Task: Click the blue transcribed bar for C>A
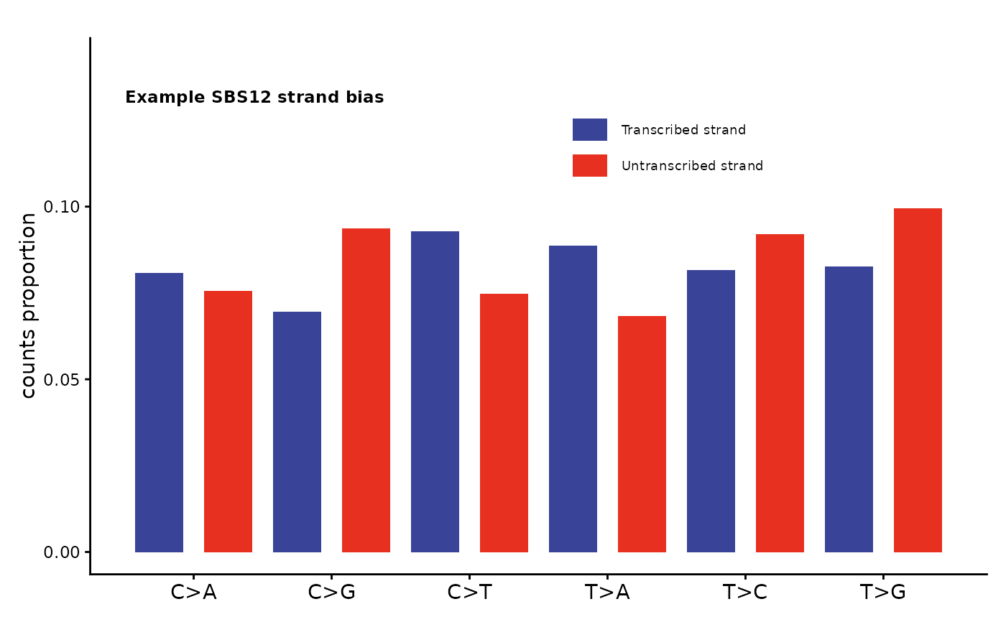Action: tap(159, 412)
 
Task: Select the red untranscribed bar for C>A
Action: tap(228, 422)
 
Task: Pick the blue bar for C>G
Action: tap(297, 432)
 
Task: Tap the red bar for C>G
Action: tap(366, 390)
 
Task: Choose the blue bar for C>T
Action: tap(435, 391)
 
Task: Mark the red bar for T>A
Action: tap(642, 434)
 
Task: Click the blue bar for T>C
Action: tap(711, 411)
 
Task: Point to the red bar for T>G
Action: tap(918, 380)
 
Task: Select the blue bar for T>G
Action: tap(849, 409)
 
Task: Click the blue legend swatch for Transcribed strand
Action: tap(589, 130)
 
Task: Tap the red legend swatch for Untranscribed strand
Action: tap(589, 166)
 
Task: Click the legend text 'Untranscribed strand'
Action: tap(692, 166)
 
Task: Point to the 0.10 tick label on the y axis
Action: tap(62, 207)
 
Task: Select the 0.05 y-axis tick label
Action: tap(62, 379)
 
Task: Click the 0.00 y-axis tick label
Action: tap(62, 552)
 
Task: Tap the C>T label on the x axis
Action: tap(469, 593)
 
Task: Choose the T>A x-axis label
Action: tap(607, 593)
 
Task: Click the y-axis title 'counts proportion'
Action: tap(28, 305)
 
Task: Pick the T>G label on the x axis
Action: tap(883, 593)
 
